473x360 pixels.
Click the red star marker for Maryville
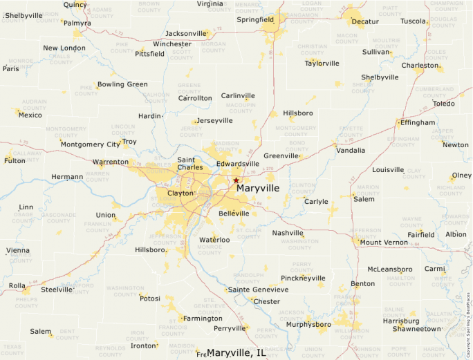pyautogui.click(x=236, y=180)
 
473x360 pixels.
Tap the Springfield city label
pyautogui.click(x=255, y=20)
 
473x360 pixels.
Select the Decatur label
pyautogui.click(x=365, y=21)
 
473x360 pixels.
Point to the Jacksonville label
pyautogui.click(x=186, y=33)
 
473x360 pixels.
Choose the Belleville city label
pyautogui.click(x=234, y=214)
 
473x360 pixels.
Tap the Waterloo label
pyautogui.click(x=214, y=240)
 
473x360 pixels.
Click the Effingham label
pyautogui.click(x=418, y=122)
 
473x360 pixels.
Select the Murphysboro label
pyautogui.click(x=308, y=324)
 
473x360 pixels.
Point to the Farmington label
pyautogui.click(x=203, y=319)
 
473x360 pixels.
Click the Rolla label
pyautogui.click(x=17, y=285)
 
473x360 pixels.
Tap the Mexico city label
pyautogui.click(x=30, y=115)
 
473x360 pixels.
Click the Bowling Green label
pyautogui.click(x=122, y=84)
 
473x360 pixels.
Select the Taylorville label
pyautogui.click(x=322, y=63)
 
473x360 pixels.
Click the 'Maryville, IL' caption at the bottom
pyautogui.click(x=236, y=353)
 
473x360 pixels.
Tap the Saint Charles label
pyautogui.click(x=190, y=163)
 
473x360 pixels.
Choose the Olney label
pyautogui.click(x=461, y=176)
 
